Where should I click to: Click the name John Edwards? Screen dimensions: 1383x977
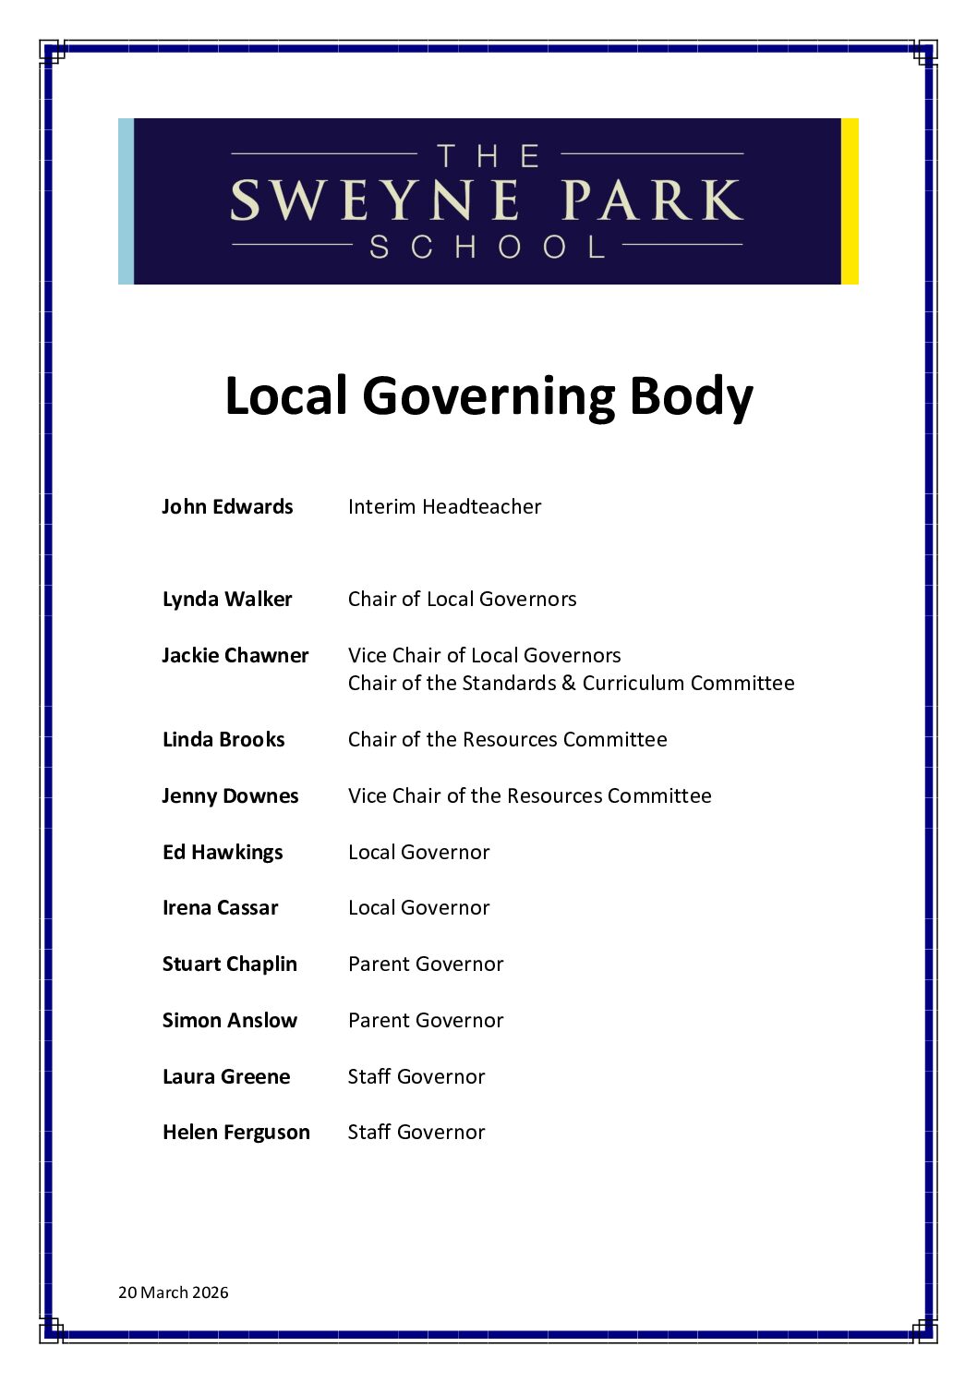click(x=227, y=506)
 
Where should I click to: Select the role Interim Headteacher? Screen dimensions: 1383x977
click(x=444, y=506)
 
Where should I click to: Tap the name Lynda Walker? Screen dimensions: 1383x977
click(x=227, y=599)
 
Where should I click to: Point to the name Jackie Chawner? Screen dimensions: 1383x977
click(x=235, y=655)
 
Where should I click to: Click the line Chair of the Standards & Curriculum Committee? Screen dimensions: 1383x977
click(x=571, y=683)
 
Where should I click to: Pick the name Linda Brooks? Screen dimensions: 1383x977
click(x=223, y=739)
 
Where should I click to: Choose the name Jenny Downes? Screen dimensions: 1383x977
click(x=230, y=795)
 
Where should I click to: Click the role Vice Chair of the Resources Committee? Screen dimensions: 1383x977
click(x=529, y=795)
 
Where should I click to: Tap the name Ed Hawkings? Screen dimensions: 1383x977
click(x=223, y=852)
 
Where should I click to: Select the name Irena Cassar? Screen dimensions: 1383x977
click(x=220, y=907)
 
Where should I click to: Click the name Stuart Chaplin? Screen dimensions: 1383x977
click(x=230, y=964)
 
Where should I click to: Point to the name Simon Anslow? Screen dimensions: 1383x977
click(x=230, y=1020)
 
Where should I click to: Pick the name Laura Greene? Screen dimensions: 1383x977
click(x=226, y=1076)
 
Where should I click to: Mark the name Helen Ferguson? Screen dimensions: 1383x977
click(x=236, y=1132)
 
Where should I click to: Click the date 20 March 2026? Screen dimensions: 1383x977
click(x=174, y=1292)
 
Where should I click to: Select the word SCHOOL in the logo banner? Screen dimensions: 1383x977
click(x=487, y=247)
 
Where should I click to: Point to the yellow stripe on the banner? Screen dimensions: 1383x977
click(x=850, y=200)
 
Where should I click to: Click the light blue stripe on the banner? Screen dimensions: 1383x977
click(x=126, y=200)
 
